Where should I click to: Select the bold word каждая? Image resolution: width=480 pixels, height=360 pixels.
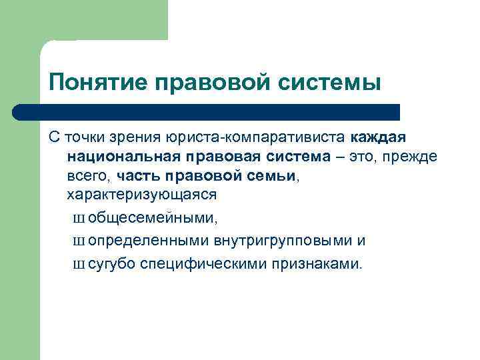click(378, 137)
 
